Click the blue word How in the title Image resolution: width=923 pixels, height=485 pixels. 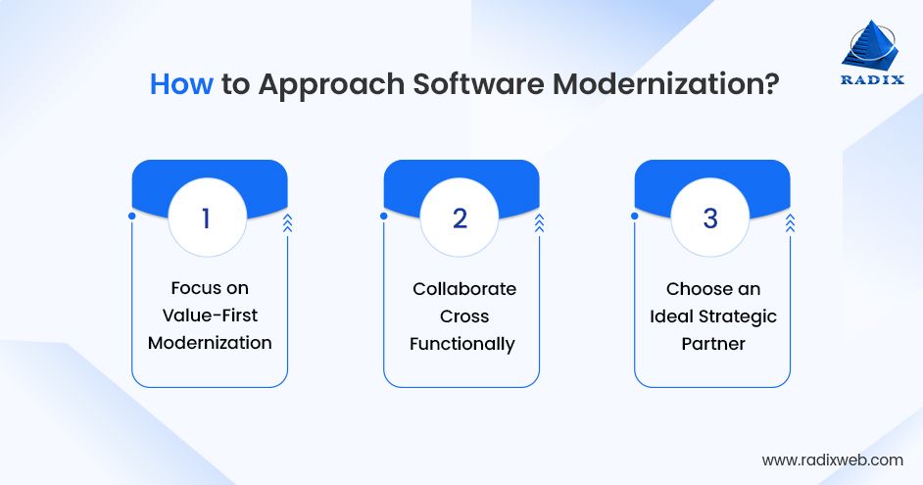[x=181, y=84]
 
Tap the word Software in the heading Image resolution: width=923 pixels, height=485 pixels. [x=477, y=84]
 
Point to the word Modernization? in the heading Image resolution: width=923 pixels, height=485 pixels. [x=666, y=84]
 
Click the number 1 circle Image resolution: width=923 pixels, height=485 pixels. [x=206, y=218]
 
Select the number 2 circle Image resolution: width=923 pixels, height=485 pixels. [x=460, y=218]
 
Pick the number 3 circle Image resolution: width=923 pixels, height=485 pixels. [x=711, y=218]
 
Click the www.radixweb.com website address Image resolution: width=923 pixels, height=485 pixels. [x=832, y=460]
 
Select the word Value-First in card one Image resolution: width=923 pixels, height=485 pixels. [x=210, y=316]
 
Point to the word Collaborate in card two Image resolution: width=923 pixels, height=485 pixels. [x=463, y=288]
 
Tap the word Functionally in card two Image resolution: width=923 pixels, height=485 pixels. [x=461, y=344]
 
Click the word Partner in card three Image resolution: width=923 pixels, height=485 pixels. [x=713, y=344]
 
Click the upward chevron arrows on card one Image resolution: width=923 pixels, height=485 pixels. [x=287, y=223]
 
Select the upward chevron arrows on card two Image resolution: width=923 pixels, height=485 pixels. [x=539, y=223]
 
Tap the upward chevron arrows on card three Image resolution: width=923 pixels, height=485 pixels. [x=790, y=223]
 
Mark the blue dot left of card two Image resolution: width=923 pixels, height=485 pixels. [x=383, y=216]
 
